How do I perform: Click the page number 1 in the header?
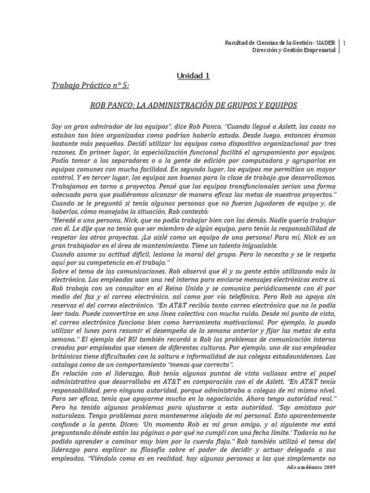[345, 43]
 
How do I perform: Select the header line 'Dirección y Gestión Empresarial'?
[295, 51]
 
